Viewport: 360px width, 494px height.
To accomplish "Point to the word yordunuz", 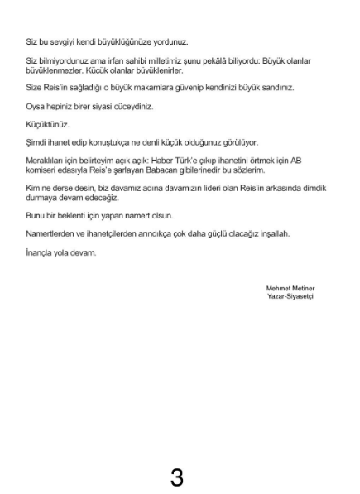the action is pyautogui.click(x=171, y=41).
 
